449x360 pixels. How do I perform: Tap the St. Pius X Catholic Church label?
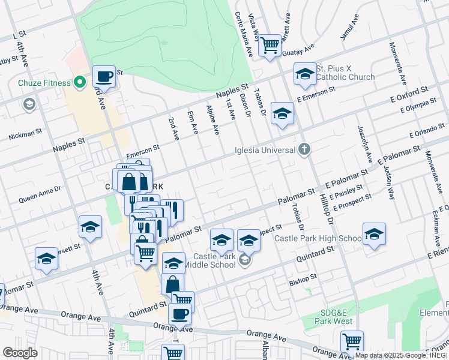[x=345, y=73]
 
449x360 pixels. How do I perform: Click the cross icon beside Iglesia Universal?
[x=305, y=149]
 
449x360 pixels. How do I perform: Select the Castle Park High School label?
[x=318, y=238]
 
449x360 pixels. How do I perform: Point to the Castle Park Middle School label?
[x=210, y=260]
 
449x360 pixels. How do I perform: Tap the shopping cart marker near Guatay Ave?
[x=270, y=44]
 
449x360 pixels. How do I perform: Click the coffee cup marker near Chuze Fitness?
[x=104, y=77]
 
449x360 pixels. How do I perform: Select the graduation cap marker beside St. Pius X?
[x=305, y=74]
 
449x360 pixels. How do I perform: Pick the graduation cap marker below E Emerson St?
[x=282, y=113]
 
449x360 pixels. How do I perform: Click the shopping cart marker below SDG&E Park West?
[x=352, y=341]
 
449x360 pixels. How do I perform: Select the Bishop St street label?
[x=303, y=278]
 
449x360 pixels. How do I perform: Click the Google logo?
[x=20, y=353]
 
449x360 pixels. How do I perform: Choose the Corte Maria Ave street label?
[x=244, y=34]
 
